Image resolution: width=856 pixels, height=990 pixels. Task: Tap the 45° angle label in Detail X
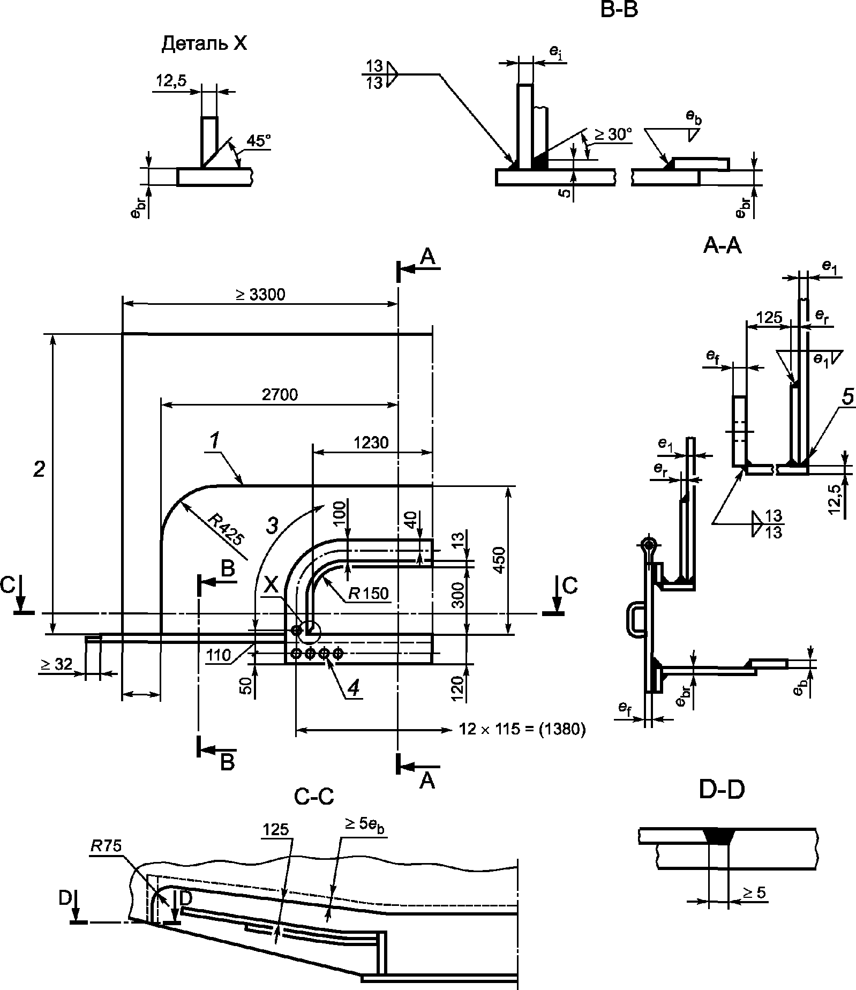[x=259, y=141]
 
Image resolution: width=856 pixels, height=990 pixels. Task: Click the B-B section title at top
[x=619, y=9]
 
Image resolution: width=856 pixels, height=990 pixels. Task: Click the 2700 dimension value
[x=280, y=395]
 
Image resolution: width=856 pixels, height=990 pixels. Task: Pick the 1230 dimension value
[x=371, y=442]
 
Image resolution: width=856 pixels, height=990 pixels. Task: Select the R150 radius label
[x=368, y=593]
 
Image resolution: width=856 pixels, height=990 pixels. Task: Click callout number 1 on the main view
[x=214, y=441]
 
